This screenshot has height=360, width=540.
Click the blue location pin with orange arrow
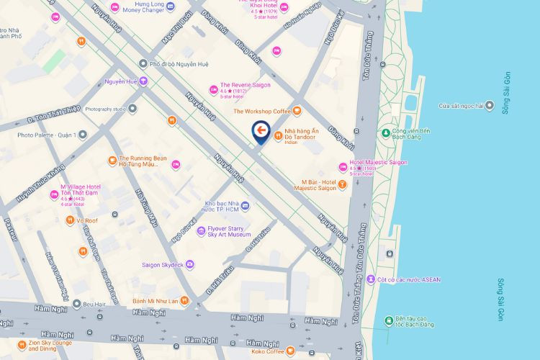tap(261, 132)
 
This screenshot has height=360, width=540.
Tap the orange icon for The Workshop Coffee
tap(297, 111)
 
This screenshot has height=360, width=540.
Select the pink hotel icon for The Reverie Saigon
tap(213, 89)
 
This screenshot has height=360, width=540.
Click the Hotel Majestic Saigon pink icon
tap(343, 167)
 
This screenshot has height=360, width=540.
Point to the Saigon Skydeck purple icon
tap(189, 264)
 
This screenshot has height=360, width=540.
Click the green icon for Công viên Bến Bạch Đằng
tap(386, 132)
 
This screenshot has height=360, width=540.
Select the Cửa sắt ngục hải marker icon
tap(490, 106)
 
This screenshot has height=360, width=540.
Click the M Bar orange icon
tap(343, 184)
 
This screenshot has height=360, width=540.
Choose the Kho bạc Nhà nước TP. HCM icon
tap(245, 207)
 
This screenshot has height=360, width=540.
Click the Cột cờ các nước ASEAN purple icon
tap(370, 279)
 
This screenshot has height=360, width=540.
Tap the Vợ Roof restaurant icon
tap(70, 220)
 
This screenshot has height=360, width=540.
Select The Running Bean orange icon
tap(112, 160)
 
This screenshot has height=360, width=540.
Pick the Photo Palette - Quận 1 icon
tap(83, 135)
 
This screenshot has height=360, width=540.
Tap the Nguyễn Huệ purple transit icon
tap(143, 81)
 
